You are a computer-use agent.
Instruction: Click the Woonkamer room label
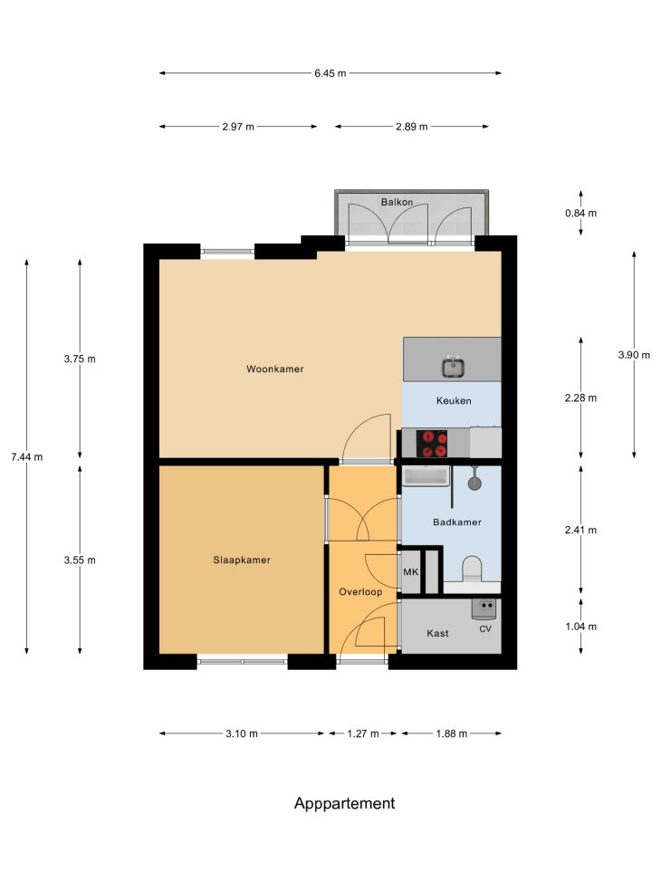click(x=275, y=369)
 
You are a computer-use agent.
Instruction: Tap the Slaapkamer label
click(x=242, y=560)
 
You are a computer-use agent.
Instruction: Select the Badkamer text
click(x=457, y=522)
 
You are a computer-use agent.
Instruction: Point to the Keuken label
click(x=454, y=401)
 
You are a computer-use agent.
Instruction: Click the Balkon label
click(x=397, y=202)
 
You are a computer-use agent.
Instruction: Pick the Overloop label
click(x=360, y=592)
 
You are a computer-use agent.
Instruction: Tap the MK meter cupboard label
click(x=411, y=572)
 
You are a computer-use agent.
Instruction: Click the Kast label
click(x=437, y=634)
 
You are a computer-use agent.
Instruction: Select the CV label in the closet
click(x=485, y=629)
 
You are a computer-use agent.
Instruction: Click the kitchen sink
click(x=453, y=368)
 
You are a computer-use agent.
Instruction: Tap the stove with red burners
click(x=432, y=444)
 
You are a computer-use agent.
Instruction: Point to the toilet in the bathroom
click(x=472, y=569)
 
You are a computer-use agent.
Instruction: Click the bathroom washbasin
click(x=426, y=476)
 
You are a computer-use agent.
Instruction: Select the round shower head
click(x=475, y=483)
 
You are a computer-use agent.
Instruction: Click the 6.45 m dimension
click(x=330, y=73)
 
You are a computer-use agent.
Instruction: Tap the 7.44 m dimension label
click(x=26, y=457)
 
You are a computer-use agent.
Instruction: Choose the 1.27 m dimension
click(x=363, y=733)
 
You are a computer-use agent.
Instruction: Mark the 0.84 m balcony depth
click(x=580, y=214)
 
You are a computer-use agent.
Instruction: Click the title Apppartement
click(x=345, y=804)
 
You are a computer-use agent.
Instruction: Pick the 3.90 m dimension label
click(x=634, y=355)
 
